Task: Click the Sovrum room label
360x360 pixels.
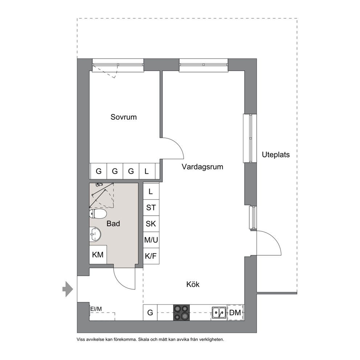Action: [x=123, y=117]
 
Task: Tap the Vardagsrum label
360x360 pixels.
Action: [x=202, y=167]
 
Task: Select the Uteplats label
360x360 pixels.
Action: [x=276, y=155]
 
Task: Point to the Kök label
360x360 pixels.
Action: [x=193, y=285]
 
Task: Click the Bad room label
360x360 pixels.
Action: [x=113, y=224]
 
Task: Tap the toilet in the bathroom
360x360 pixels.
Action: [x=98, y=214]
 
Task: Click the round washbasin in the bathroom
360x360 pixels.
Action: [x=95, y=234]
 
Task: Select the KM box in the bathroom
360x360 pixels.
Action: [x=98, y=255]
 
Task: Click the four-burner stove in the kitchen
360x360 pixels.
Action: [x=181, y=313]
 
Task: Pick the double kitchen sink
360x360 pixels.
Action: [x=219, y=312]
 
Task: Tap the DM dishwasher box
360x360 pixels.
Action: [x=236, y=312]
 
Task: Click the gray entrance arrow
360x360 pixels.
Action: [x=68, y=289]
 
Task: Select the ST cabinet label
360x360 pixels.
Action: [x=151, y=208]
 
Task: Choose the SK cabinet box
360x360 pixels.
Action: [x=151, y=224]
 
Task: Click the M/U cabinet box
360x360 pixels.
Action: [x=151, y=240]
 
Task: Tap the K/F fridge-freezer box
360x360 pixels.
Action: [x=151, y=256]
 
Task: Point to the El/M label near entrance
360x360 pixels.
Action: [x=96, y=309]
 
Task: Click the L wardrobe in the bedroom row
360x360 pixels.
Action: [x=147, y=171]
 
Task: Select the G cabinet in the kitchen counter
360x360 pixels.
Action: [x=150, y=313]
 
